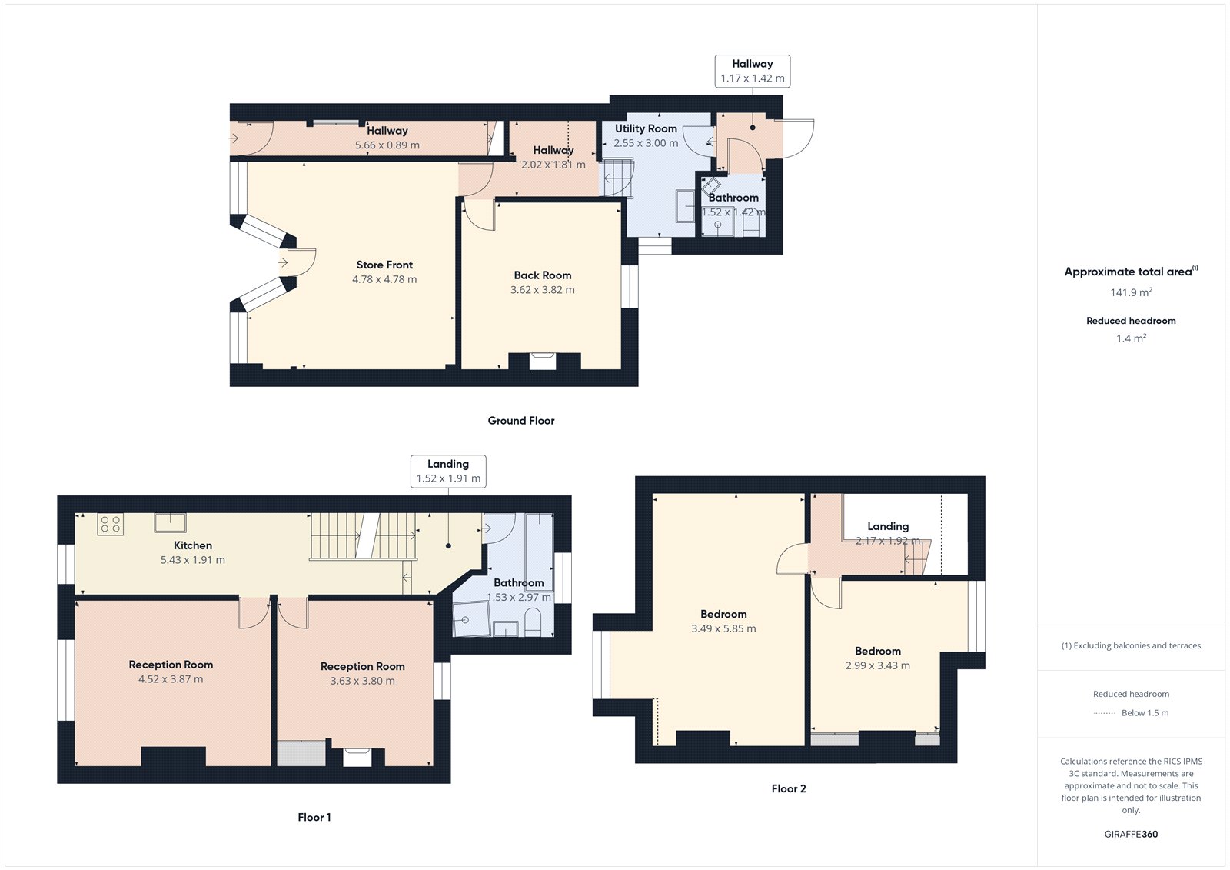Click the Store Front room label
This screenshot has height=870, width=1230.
point(384,265)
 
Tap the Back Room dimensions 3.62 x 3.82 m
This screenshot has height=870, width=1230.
point(542,290)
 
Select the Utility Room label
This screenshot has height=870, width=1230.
point(646,128)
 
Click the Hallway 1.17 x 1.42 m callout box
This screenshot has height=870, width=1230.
point(752,71)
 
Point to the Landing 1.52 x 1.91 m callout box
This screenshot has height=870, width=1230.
point(448,471)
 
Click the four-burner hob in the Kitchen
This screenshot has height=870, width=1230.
point(110,525)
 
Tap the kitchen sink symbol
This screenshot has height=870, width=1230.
point(170,523)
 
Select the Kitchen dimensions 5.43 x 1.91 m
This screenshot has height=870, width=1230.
point(193,560)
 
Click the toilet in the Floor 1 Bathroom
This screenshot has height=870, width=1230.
point(533,622)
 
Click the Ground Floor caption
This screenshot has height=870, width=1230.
point(520,421)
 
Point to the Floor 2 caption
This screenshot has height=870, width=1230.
point(789,788)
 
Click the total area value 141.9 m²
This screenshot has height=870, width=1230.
point(1131,292)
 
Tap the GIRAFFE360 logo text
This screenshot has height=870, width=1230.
point(1131,834)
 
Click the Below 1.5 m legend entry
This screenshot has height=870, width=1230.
point(1145,713)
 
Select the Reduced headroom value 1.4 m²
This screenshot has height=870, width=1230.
point(1131,338)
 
